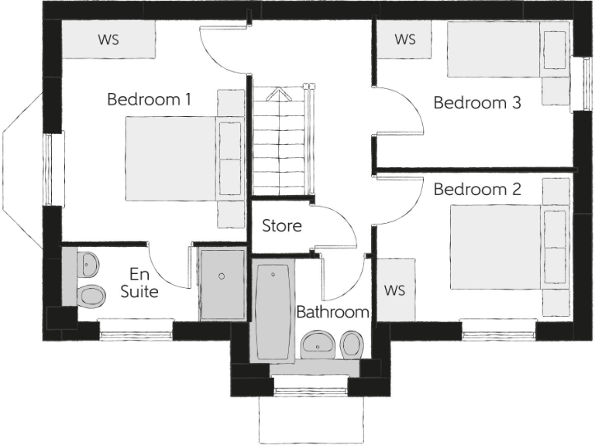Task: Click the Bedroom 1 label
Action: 150,100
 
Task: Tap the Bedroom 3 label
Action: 476,102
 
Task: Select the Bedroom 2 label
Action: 476,189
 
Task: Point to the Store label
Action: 281,227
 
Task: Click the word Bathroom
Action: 332,313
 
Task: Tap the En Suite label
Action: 143,283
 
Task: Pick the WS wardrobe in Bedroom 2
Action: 394,290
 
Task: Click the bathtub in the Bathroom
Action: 272,310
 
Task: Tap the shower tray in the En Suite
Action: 222,283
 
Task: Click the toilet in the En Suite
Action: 90,295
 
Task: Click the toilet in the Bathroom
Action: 353,343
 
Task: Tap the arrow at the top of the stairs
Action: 277,94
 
